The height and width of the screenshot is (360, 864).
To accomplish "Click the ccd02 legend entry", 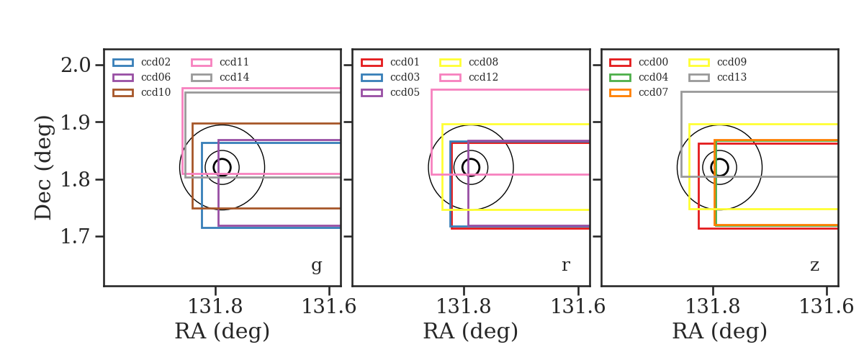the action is point(142,62).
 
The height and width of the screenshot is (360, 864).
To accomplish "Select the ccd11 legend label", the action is point(234,62).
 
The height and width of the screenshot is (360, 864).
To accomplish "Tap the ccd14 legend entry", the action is point(220,77).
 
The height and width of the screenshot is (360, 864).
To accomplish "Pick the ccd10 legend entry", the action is point(142,93).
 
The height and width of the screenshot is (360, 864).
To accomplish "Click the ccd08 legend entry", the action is point(469,62).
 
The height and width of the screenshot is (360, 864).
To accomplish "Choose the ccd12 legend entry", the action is point(469,77).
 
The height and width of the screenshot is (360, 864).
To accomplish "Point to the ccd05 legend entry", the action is point(390,93).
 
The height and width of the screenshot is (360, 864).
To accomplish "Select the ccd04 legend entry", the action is point(639,77).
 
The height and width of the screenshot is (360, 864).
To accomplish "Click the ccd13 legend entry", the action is point(717,77).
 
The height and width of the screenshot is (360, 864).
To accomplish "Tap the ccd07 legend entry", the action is point(639,93).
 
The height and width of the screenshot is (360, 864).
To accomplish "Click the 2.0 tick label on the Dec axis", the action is point(76,66).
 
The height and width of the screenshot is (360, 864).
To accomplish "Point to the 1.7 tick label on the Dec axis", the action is point(76,236).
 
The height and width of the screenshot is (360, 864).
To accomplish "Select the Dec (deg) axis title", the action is point(42,168).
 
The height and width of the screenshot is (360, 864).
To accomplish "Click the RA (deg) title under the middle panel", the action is point(471,331).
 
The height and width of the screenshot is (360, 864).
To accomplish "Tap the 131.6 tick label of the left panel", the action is point(328,307).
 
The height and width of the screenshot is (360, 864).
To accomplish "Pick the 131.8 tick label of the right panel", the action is point(712,307).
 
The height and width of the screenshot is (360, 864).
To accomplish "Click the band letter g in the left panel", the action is point(316,266).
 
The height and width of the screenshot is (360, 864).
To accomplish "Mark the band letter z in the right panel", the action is point(814,266).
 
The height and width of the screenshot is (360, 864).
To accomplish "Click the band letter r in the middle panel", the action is point(565,266).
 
